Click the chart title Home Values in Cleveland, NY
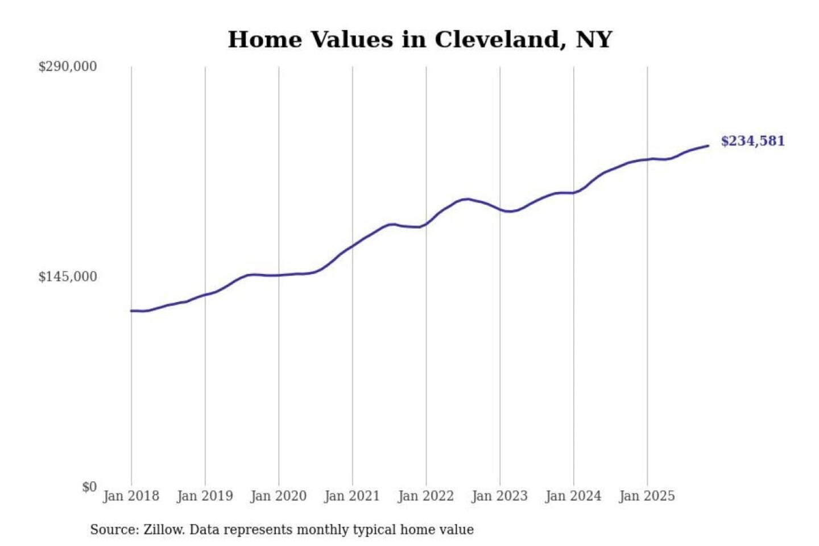420,40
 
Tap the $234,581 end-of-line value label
752,141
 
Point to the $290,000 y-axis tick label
68,67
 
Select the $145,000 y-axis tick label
68,277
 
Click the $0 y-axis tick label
89,487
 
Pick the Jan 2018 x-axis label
131,496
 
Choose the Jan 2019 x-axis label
205,496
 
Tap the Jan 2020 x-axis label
279,496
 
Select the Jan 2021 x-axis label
352,496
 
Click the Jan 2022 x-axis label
426,496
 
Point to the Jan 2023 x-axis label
500,496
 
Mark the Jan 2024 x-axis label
573,496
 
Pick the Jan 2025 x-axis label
647,496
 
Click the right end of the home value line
708,146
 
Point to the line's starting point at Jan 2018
131,311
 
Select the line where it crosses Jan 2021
353,246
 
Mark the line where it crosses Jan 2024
573,193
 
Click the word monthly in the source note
322,530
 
